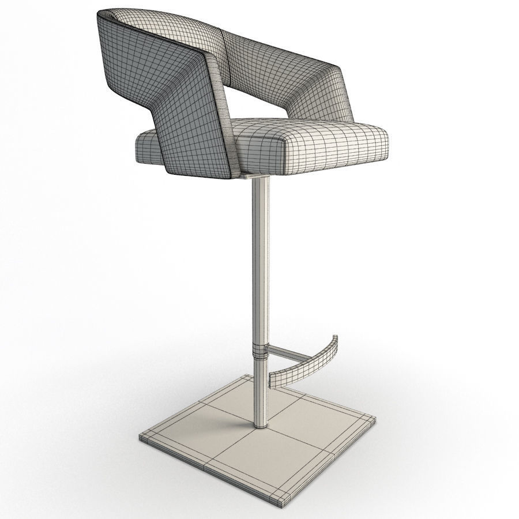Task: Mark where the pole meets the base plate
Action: (260, 425)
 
